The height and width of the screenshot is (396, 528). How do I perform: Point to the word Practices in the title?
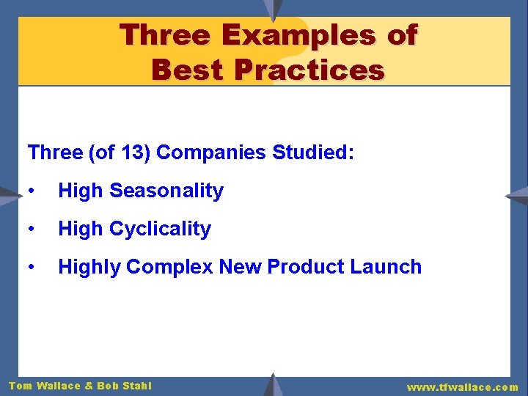pyautogui.click(x=310, y=70)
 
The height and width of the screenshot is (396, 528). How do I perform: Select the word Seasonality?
pyautogui.click(x=166, y=191)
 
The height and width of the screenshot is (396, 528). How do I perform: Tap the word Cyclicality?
pyautogui.click(x=160, y=229)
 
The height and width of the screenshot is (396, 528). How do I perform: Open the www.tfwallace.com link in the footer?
pyautogui.click(x=462, y=386)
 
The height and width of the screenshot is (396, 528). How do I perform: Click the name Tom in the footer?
pyautogui.click(x=20, y=386)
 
